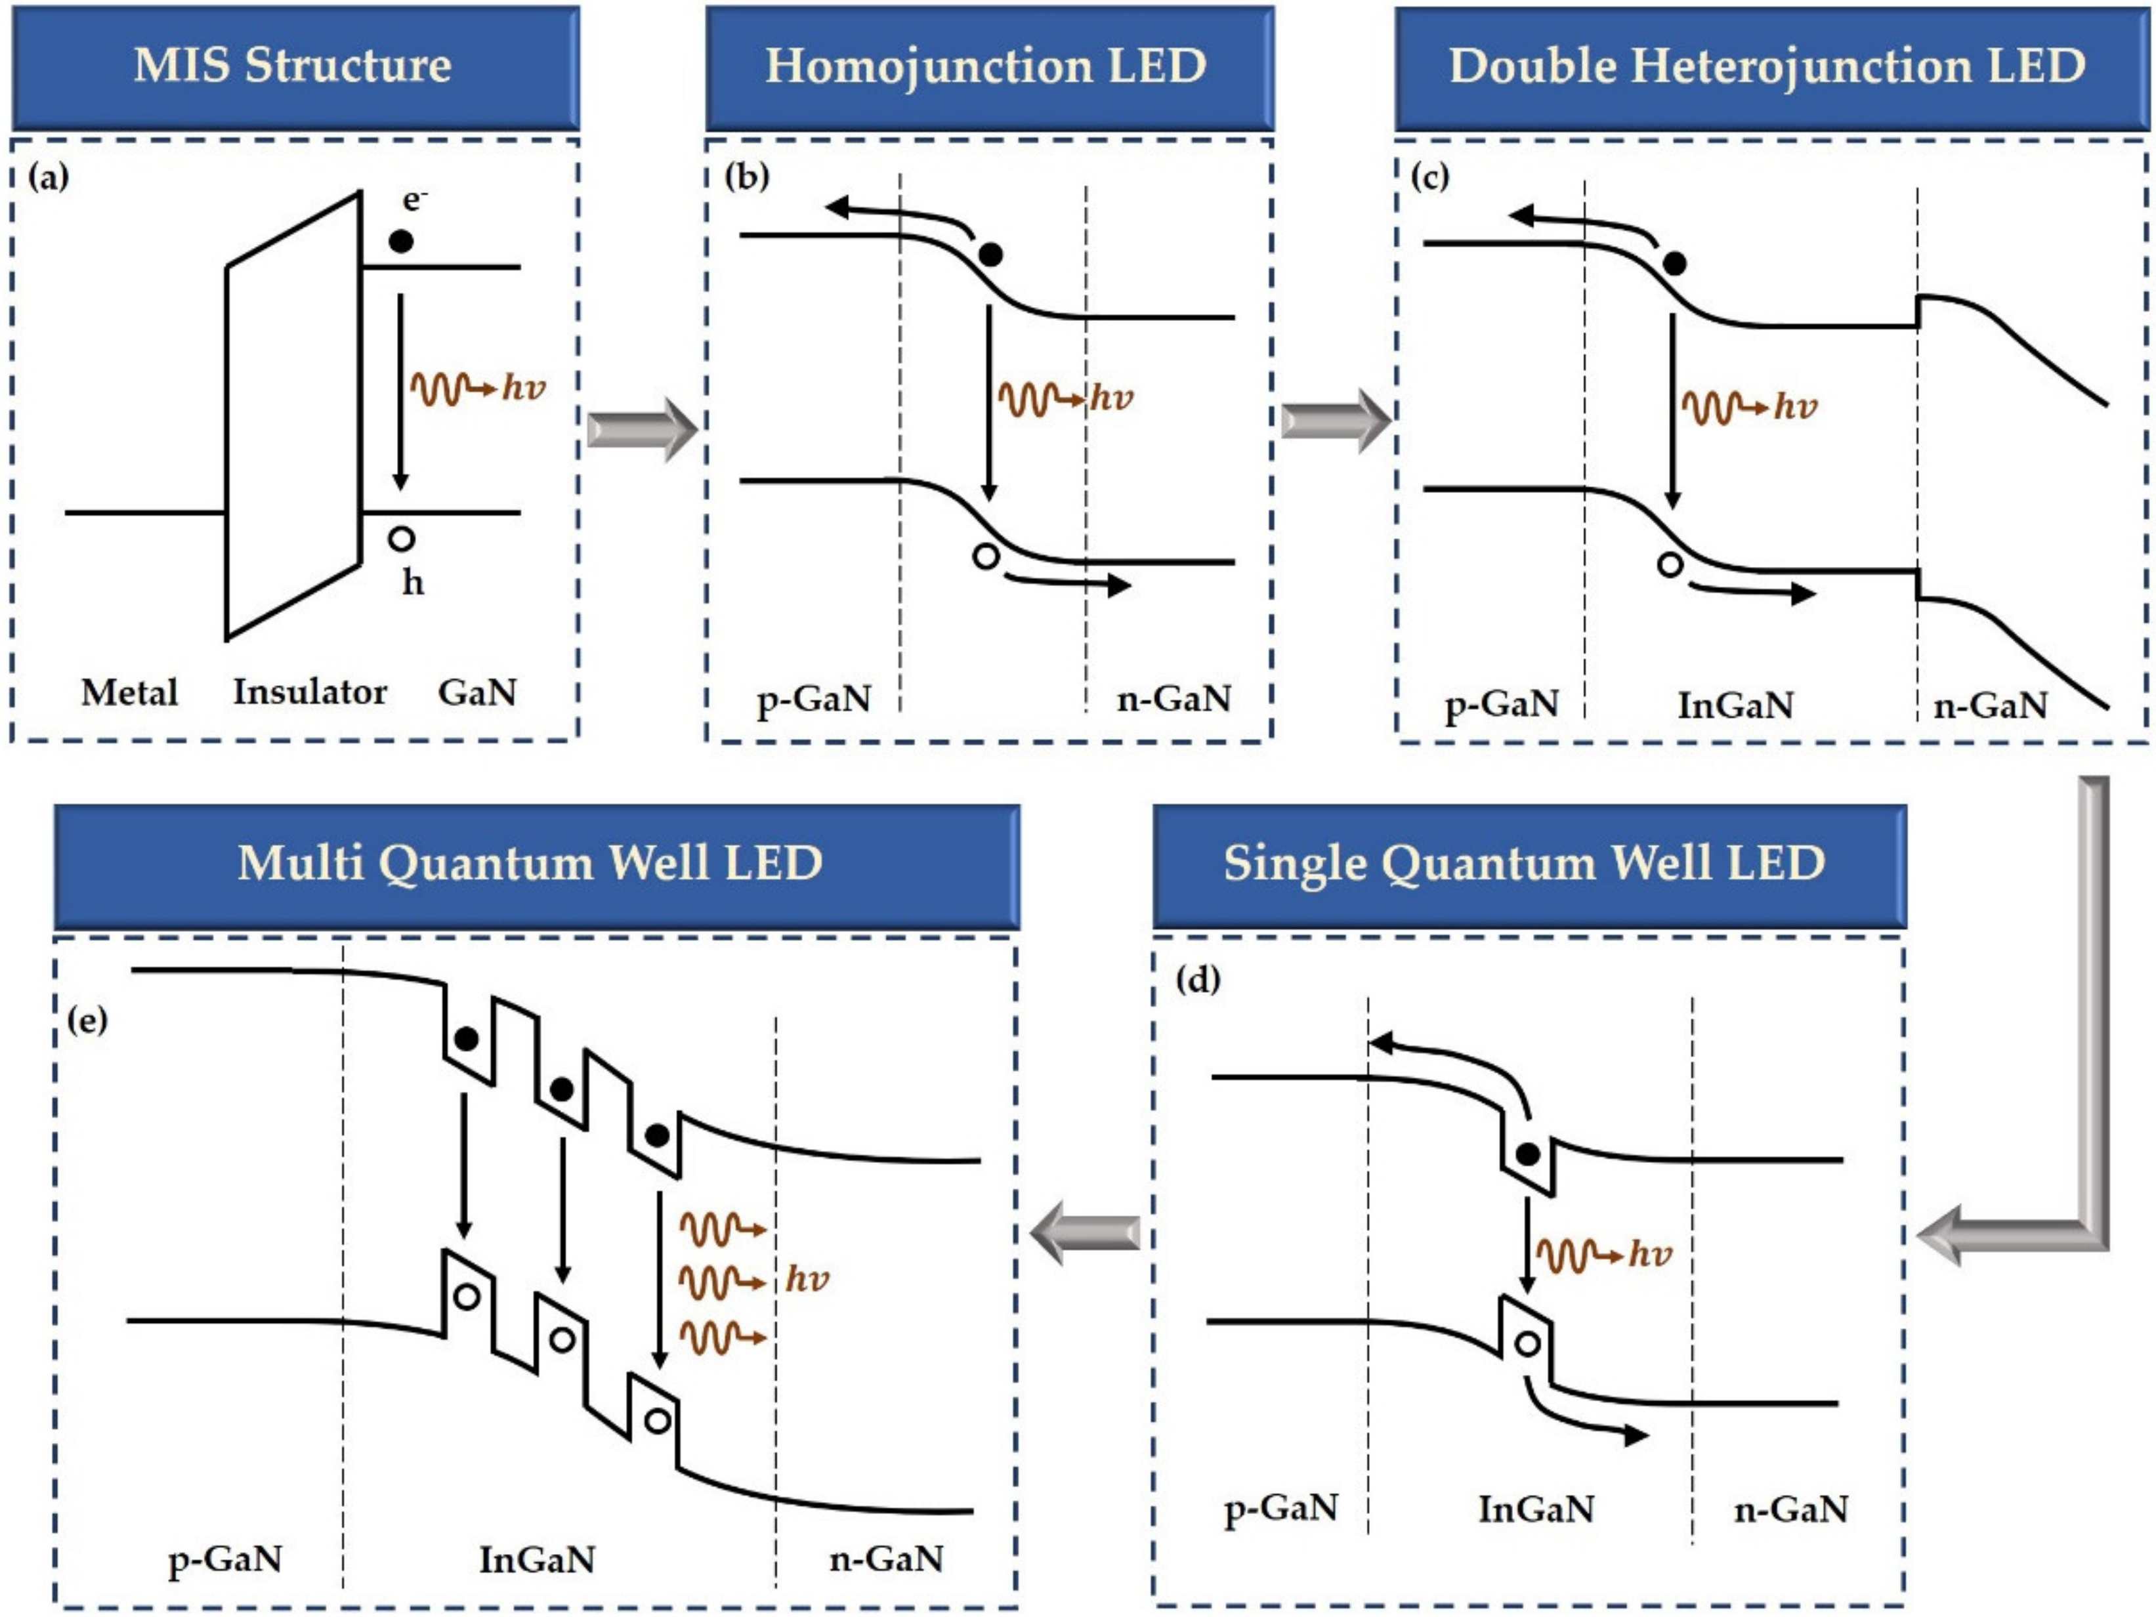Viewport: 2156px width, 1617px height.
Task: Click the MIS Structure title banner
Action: [294, 66]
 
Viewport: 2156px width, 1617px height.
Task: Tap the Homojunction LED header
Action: [987, 66]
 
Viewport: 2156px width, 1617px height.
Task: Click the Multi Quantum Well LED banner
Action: [531, 864]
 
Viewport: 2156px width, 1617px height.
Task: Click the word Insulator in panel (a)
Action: [310, 692]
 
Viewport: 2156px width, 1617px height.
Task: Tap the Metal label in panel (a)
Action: [130, 693]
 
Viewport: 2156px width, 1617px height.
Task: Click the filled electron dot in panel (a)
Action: [400, 241]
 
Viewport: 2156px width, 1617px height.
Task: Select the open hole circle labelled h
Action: [402, 538]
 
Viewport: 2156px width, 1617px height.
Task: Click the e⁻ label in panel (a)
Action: [414, 199]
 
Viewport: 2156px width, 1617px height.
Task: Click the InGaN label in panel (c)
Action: [1735, 705]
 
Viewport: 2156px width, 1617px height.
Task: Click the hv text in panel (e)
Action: [807, 1279]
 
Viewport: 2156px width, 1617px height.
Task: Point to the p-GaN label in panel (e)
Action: [225, 1559]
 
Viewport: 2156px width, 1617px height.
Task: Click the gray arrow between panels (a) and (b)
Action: [643, 429]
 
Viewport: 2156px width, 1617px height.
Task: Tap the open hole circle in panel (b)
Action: [986, 558]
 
